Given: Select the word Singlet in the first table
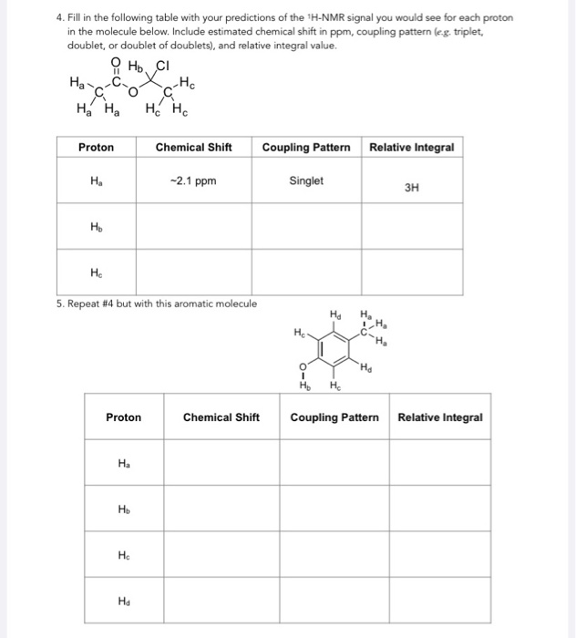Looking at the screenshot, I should [306, 180].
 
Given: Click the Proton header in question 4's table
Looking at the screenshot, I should [96, 147].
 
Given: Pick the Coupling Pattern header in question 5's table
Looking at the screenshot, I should [334, 417].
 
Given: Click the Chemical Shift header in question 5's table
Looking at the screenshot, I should [221, 417].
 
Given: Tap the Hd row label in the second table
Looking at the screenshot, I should [123, 600].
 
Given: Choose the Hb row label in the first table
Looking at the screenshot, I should [96, 226].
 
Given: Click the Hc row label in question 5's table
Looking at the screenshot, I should [123, 554].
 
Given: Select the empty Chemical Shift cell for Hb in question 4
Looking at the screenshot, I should [193, 226].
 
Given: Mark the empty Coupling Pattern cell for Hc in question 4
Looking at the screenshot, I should [306, 272].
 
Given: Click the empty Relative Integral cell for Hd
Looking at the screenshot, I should [440, 600].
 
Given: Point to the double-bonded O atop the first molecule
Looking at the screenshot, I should [116, 62].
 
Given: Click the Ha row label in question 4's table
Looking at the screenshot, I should [96, 180].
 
